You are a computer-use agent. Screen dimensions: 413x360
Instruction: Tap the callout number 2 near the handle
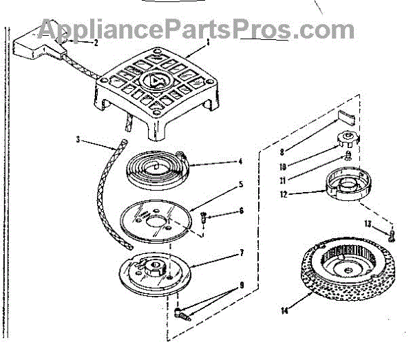tap(96, 43)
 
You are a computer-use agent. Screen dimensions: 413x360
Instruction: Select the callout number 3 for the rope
tap(78, 140)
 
